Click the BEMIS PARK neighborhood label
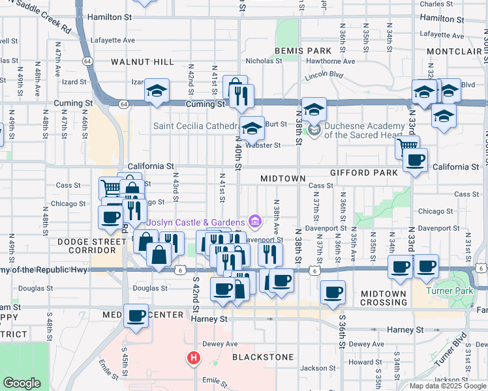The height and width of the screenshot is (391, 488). pos(294,50)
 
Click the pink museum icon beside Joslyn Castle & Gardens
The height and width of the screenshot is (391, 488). pos(254,222)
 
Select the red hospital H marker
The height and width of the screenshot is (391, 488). pos(193,358)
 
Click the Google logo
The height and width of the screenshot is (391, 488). pos(22,383)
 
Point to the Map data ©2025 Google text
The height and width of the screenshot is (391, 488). pos(448,386)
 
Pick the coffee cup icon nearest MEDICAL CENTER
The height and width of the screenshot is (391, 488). pos(136,315)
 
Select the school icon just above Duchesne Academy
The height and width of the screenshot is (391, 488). pos(314,108)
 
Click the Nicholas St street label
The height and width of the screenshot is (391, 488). pos(264,61)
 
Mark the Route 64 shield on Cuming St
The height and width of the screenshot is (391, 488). pos(123,104)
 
